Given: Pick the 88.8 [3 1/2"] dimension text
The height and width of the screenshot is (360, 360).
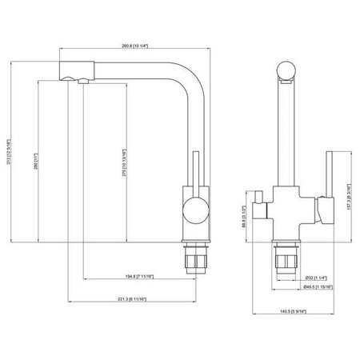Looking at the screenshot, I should pos(243,217).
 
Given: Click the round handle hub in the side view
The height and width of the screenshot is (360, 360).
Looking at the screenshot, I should pos(193,211).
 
